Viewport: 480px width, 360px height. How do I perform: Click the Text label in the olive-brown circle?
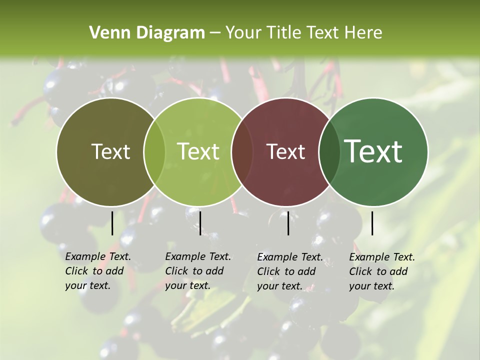(x=110, y=151)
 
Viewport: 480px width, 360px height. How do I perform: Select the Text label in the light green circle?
(x=198, y=151)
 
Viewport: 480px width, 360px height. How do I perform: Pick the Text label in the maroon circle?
(x=285, y=151)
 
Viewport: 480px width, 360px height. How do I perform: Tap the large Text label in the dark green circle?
(x=373, y=151)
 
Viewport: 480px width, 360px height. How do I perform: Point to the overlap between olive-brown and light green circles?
(x=154, y=152)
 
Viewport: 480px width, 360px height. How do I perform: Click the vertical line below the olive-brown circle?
(x=112, y=223)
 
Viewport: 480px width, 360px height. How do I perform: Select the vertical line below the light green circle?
(x=200, y=223)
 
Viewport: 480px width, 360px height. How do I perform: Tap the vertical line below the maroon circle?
(x=288, y=223)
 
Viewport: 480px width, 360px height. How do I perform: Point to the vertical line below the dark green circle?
(x=372, y=223)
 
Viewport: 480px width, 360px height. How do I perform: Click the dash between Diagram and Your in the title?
(x=215, y=33)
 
